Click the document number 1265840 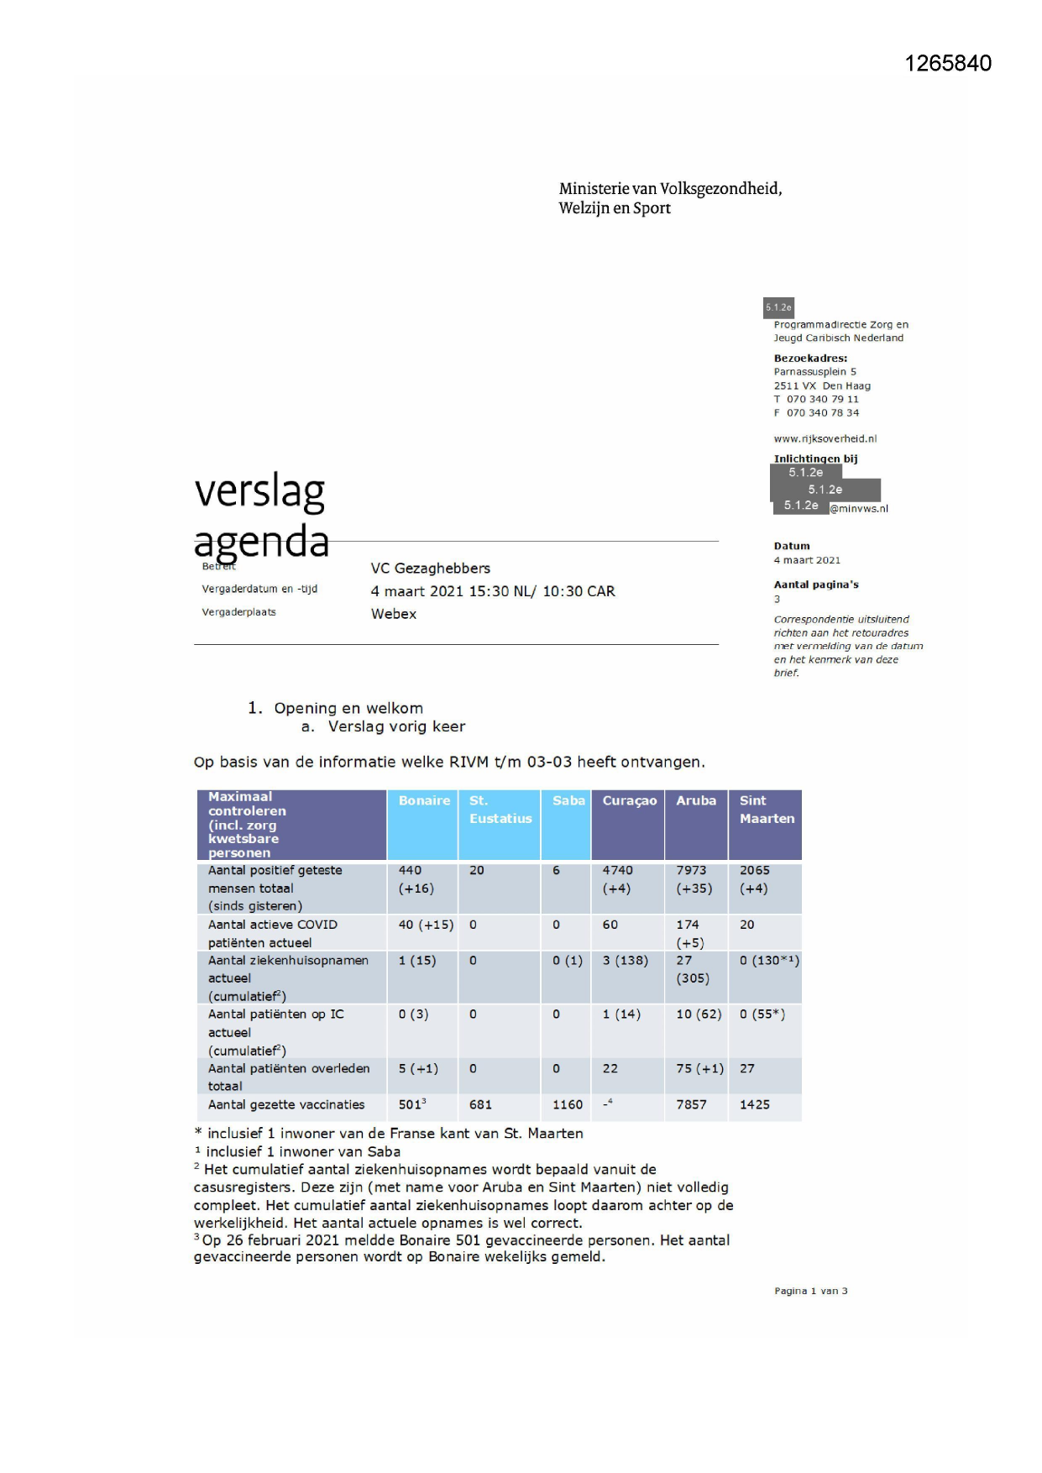pyautogui.click(x=947, y=64)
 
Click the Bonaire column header pyautogui.click(x=424, y=800)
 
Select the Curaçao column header pyautogui.click(x=629, y=800)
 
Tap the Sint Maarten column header pyautogui.click(x=766, y=810)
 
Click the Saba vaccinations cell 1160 pyautogui.click(x=567, y=1104)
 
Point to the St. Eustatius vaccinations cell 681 pyautogui.click(x=480, y=1104)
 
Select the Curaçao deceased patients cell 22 pyautogui.click(x=610, y=1068)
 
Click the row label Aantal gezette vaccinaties pyautogui.click(x=286, y=1104)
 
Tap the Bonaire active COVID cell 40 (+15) pyautogui.click(x=426, y=925)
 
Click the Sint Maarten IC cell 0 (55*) pyautogui.click(x=762, y=1014)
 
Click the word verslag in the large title pyautogui.click(x=259, y=491)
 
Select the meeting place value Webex pyautogui.click(x=393, y=614)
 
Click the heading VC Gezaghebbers pyautogui.click(x=430, y=569)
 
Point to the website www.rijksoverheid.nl pyautogui.click(x=825, y=438)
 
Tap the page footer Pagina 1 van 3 pyautogui.click(x=810, y=1291)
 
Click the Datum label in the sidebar pyautogui.click(x=791, y=546)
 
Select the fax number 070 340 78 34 pyautogui.click(x=822, y=412)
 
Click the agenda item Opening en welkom pyautogui.click(x=348, y=708)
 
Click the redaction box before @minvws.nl pyautogui.click(x=800, y=506)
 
